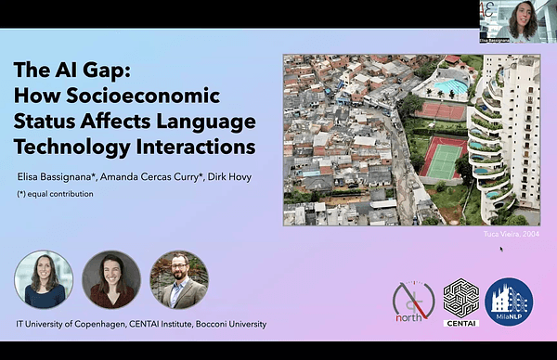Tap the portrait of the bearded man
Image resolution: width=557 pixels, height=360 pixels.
point(178,279)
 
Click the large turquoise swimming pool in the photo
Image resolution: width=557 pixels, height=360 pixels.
point(451,87)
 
